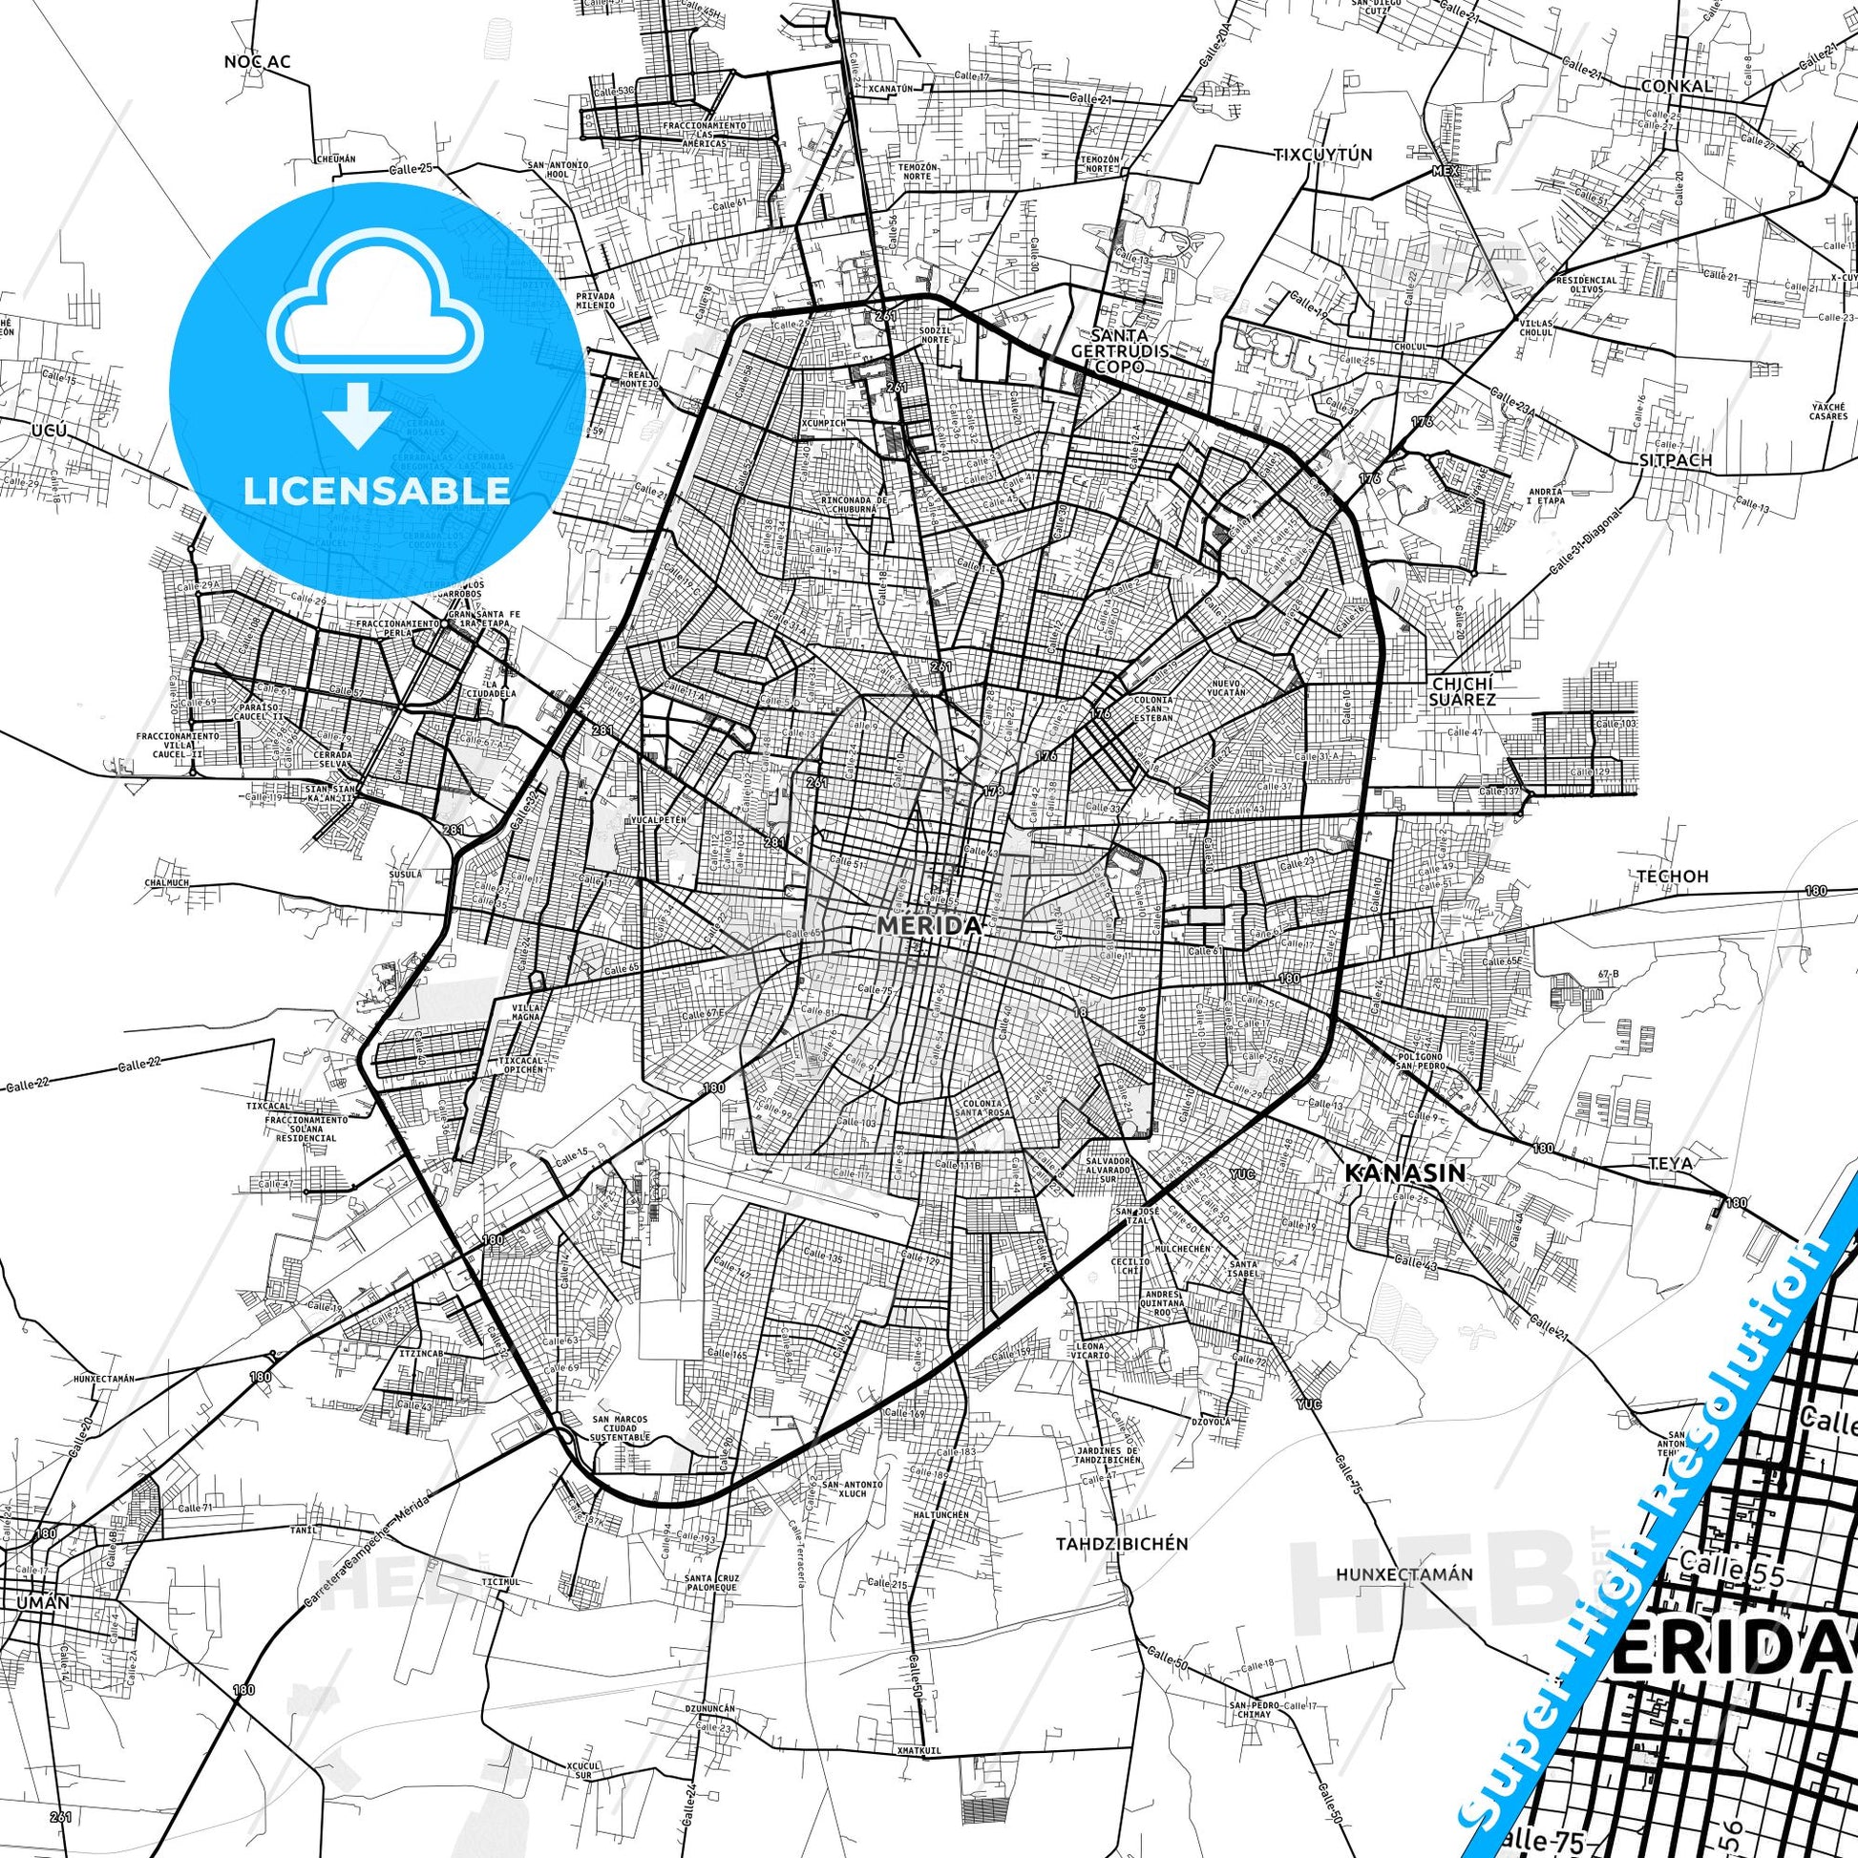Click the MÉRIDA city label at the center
click(x=928, y=925)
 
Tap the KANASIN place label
click(x=1404, y=1172)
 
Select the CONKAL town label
click(x=1678, y=86)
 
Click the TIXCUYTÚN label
click(x=1322, y=154)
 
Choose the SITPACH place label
click(x=1677, y=459)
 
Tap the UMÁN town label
click(x=42, y=1602)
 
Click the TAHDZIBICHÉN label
click(x=1122, y=1544)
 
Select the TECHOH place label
click(x=1659, y=876)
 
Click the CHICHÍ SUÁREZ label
click(x=1462, y=690)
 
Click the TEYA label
click(x=1670, y=1163)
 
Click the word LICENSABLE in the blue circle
click(x=377, y=491)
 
